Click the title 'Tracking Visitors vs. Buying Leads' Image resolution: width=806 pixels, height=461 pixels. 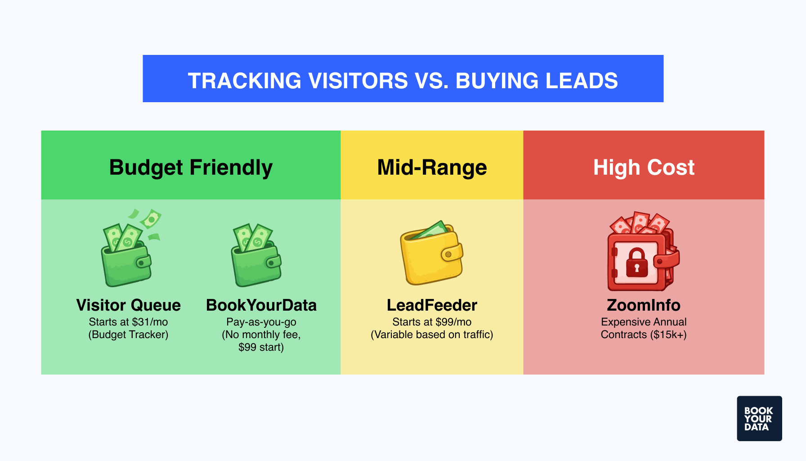403,81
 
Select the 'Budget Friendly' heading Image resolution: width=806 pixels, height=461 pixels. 191,167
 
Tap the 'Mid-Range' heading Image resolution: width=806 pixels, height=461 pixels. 432,167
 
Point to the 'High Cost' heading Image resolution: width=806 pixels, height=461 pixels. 644,167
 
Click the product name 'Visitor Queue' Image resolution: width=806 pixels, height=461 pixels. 128,305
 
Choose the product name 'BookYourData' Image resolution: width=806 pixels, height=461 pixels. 261,305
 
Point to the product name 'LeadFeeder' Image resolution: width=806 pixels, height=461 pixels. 432,305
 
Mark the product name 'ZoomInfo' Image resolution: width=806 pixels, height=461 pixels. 644,305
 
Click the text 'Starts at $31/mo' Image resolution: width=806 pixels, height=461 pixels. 128,322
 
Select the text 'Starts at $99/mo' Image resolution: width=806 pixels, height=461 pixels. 432,322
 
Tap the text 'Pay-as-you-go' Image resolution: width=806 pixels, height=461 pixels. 261,322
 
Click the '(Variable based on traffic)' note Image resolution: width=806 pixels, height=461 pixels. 432,334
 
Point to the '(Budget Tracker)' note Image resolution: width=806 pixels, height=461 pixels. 128,334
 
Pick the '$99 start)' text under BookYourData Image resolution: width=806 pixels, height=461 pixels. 261,347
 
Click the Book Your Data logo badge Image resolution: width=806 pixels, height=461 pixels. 759,418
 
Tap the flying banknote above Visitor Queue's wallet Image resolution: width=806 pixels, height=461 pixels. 151,219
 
